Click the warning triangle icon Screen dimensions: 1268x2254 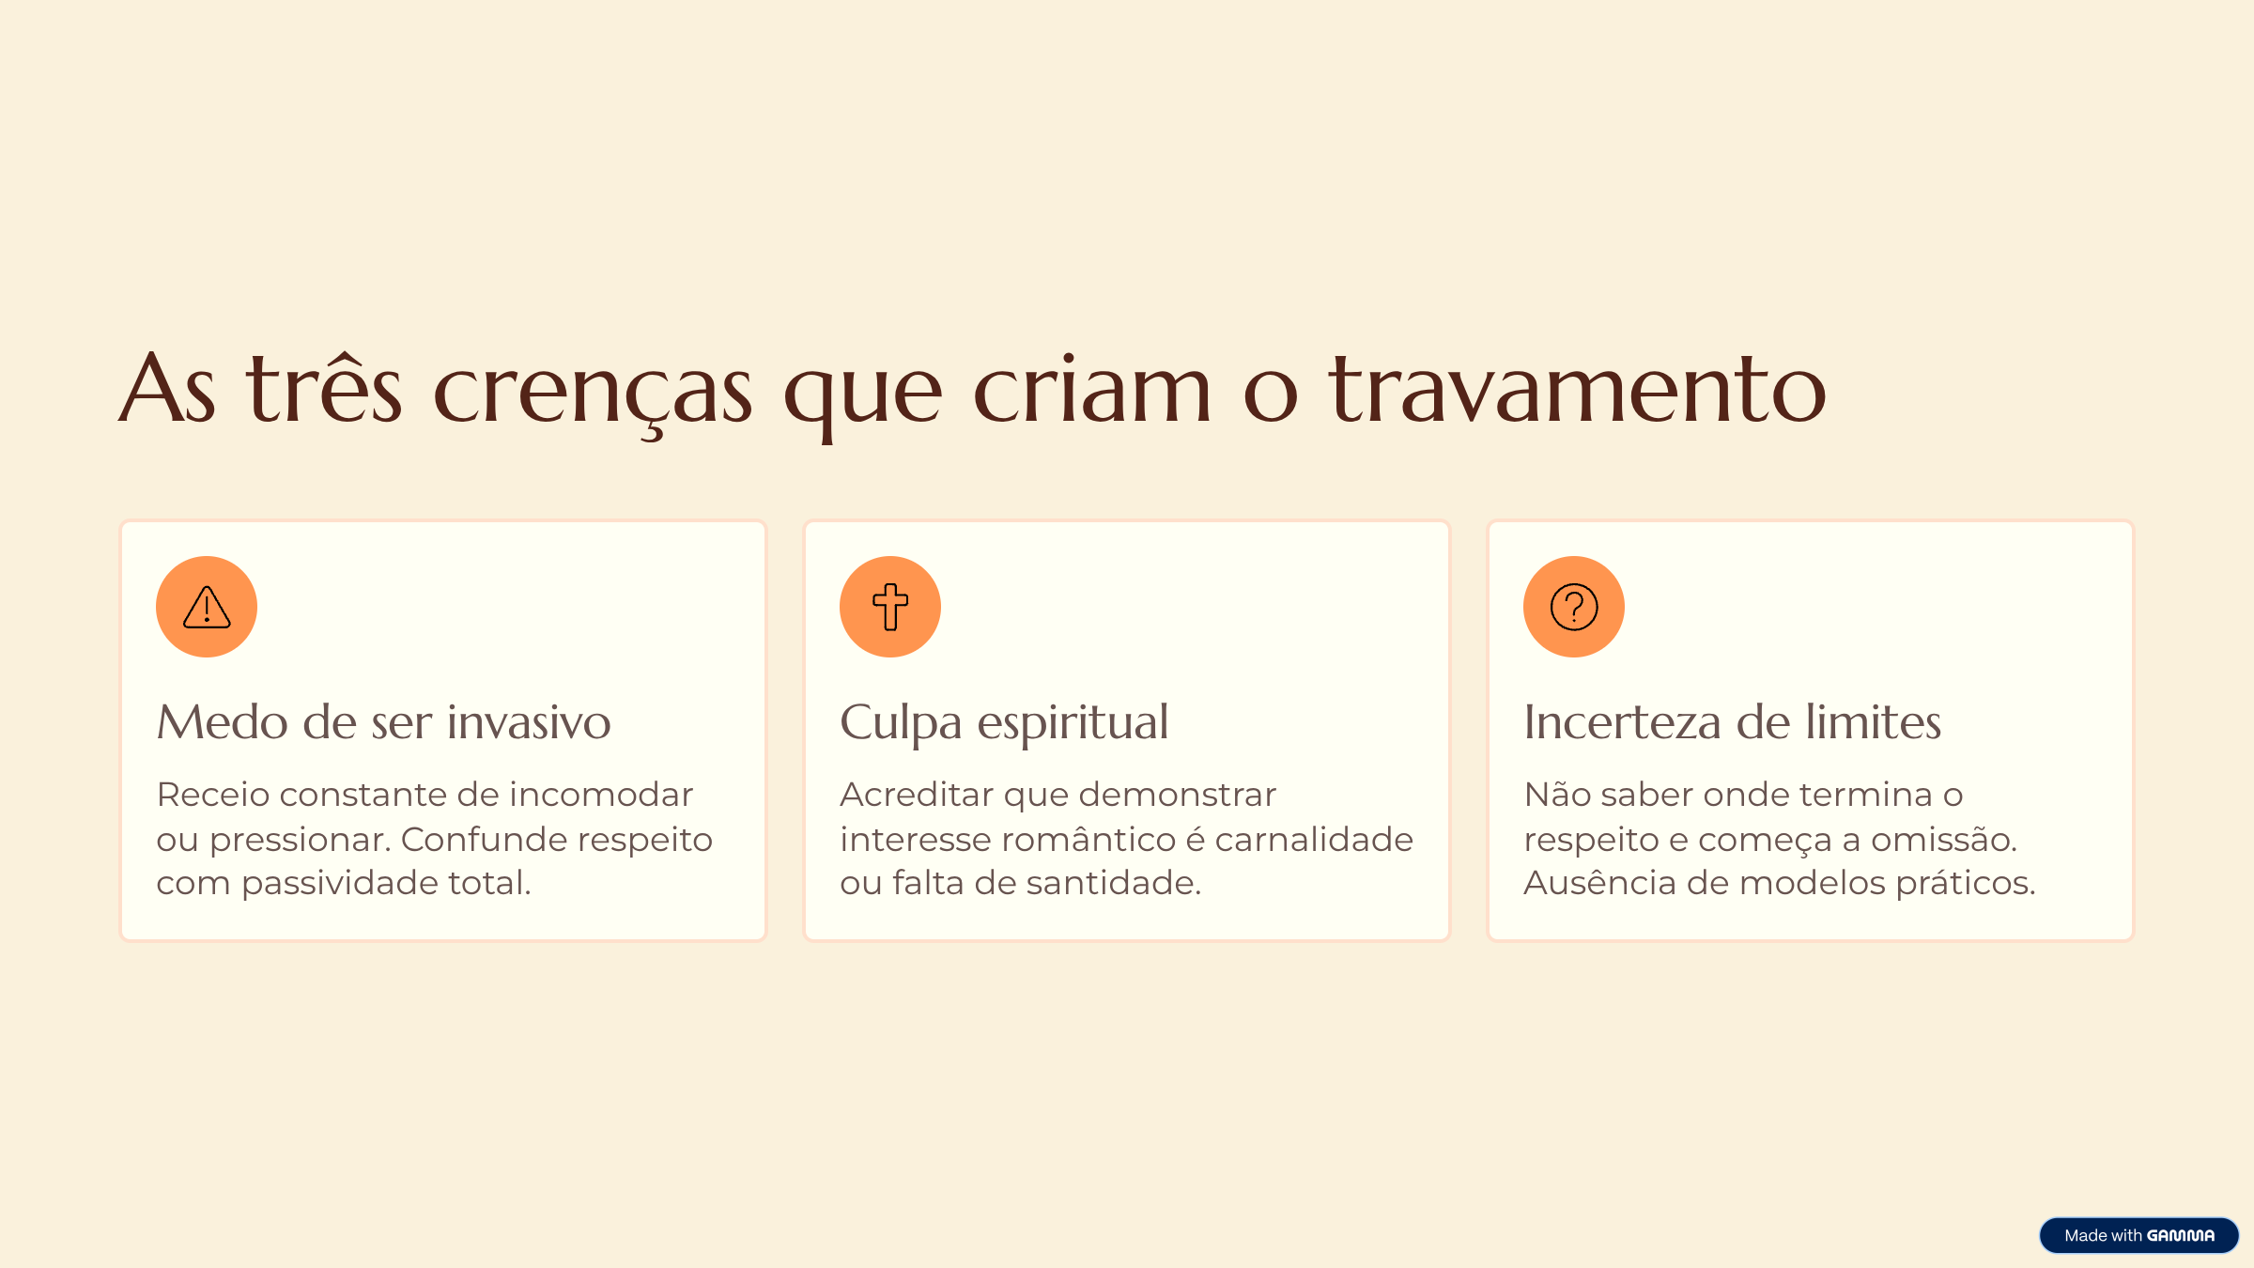tap(207, 607)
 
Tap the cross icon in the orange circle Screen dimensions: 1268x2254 tap(890, 607)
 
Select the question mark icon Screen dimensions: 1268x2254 tap(1574, 607)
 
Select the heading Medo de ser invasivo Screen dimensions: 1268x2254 tap(383, 722)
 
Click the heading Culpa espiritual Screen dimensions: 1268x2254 tap(1004, 722)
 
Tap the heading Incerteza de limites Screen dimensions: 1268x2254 tap(1732, 722)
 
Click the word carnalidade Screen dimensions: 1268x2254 tap(1314, 840)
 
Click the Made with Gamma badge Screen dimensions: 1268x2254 tap(2138, 1235)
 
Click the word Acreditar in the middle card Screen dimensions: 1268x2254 tap(916, 795)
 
